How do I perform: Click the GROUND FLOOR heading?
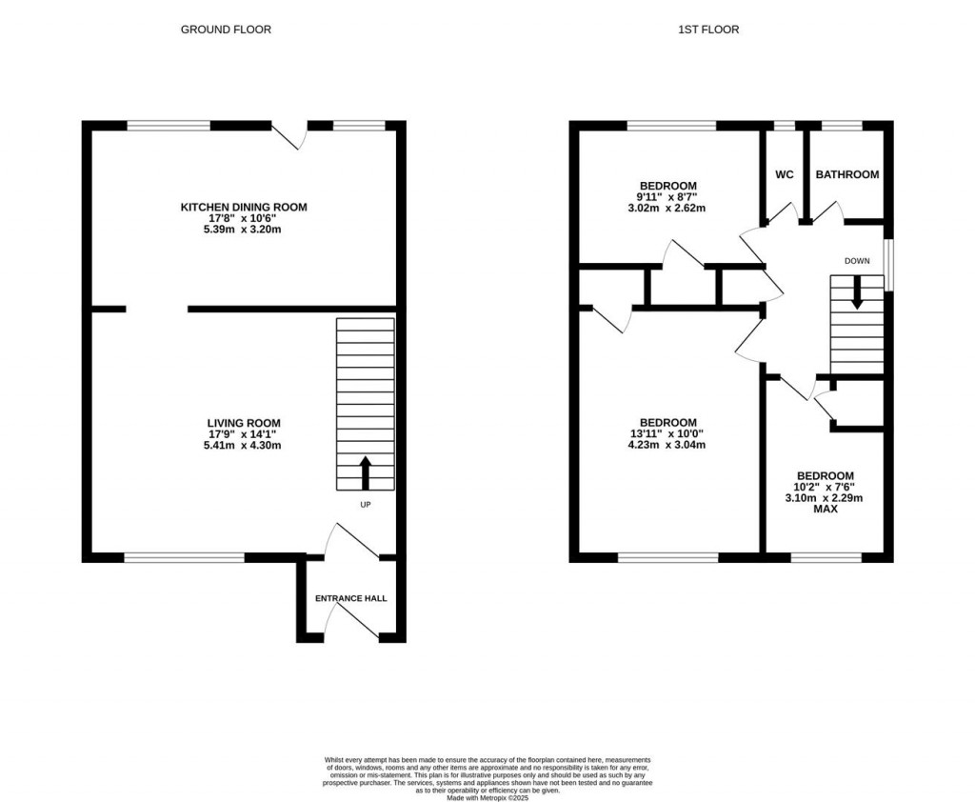point(226,30)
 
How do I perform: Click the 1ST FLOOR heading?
point(707,30)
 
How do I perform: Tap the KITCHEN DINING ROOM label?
point(244,207)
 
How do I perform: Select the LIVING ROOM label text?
point(244,423)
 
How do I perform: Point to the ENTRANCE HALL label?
point(351,598)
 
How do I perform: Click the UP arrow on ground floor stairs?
point(365,471)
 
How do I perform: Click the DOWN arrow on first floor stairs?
point(856,291)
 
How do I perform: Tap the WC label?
point(785,174)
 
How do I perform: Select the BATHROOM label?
point(846,174)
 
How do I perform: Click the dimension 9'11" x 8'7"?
point(667,196)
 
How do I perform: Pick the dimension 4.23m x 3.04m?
point(667,445)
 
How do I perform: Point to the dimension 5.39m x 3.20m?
point(244,230)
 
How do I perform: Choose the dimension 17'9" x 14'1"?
point(244,434)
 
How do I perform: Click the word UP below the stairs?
point(365,505)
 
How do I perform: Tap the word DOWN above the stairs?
point(856,260)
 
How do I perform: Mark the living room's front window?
point(184,557)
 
